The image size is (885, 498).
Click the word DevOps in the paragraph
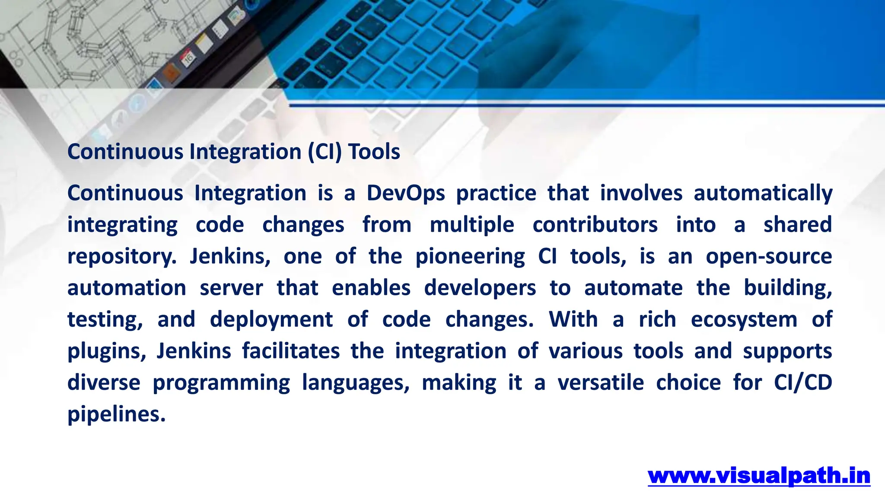405,193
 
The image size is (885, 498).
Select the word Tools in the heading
374,152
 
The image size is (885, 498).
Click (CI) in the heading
325,152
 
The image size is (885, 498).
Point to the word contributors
595,225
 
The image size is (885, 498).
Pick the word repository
122,257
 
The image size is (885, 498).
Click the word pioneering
470,257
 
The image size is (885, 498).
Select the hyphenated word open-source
769,257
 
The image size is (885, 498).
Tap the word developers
480,288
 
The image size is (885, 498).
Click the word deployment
271,320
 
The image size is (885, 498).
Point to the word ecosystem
744,320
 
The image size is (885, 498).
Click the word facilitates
291,351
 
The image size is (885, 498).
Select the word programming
221,383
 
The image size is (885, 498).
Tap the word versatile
601,383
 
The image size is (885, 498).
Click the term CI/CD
803,383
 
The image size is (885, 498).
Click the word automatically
763,193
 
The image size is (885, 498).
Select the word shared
797,225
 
